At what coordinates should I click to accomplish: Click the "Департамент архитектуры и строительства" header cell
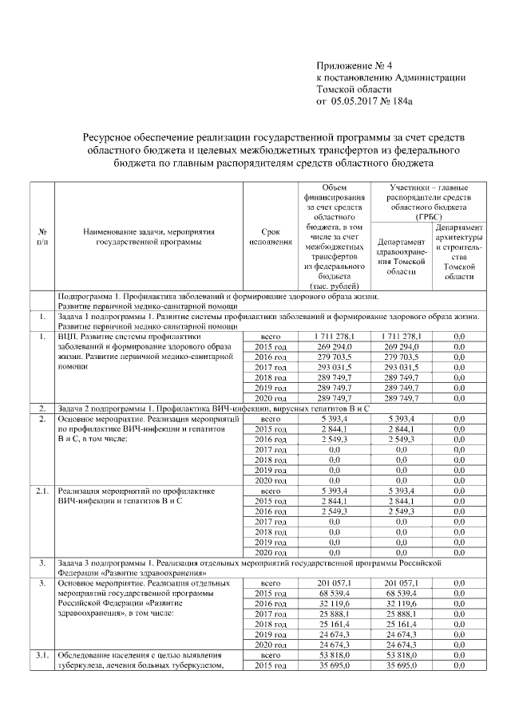click(x=458, y=251)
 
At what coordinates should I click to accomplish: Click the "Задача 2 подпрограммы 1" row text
click(x=216, y=408)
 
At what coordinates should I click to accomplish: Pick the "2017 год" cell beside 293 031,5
click(x=270, y=366)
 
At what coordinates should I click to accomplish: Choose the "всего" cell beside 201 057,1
click(x=270, y=583)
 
